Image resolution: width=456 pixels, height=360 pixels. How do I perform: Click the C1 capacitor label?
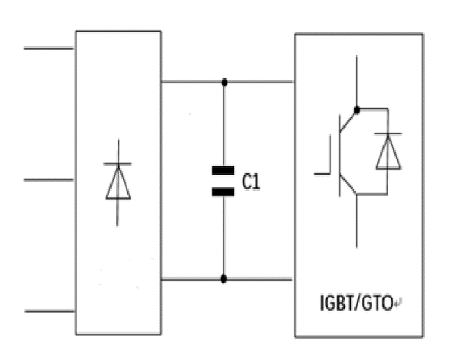pos(251,182)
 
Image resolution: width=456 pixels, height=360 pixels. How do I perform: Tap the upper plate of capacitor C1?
pos(223,170)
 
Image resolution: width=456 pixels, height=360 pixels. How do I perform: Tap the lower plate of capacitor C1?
pos(223,192)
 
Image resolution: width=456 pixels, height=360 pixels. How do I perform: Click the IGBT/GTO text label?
pos(357,303)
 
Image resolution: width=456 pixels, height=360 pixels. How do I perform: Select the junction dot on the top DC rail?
pos(224,83)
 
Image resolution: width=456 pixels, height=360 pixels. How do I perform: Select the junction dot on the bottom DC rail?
pos(223,279)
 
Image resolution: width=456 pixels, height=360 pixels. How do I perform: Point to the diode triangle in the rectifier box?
pos(118,183)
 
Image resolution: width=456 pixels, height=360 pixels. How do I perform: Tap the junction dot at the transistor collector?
pos(357,110)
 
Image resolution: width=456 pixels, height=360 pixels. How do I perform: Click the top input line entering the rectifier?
pos(48,48)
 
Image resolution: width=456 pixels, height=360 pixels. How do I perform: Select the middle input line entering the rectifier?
pos(48,180)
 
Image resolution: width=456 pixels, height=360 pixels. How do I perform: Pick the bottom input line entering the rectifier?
pos(50,311)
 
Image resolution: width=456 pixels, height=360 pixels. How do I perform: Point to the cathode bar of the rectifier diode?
pos(118,164)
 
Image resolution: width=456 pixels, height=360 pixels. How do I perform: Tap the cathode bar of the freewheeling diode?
pos(388,134)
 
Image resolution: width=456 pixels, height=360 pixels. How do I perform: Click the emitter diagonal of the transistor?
pos(348,184)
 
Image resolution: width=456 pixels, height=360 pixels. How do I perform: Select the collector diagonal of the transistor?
pos(348,122)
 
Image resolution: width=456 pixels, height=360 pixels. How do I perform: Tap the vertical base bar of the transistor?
pos(340,156)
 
